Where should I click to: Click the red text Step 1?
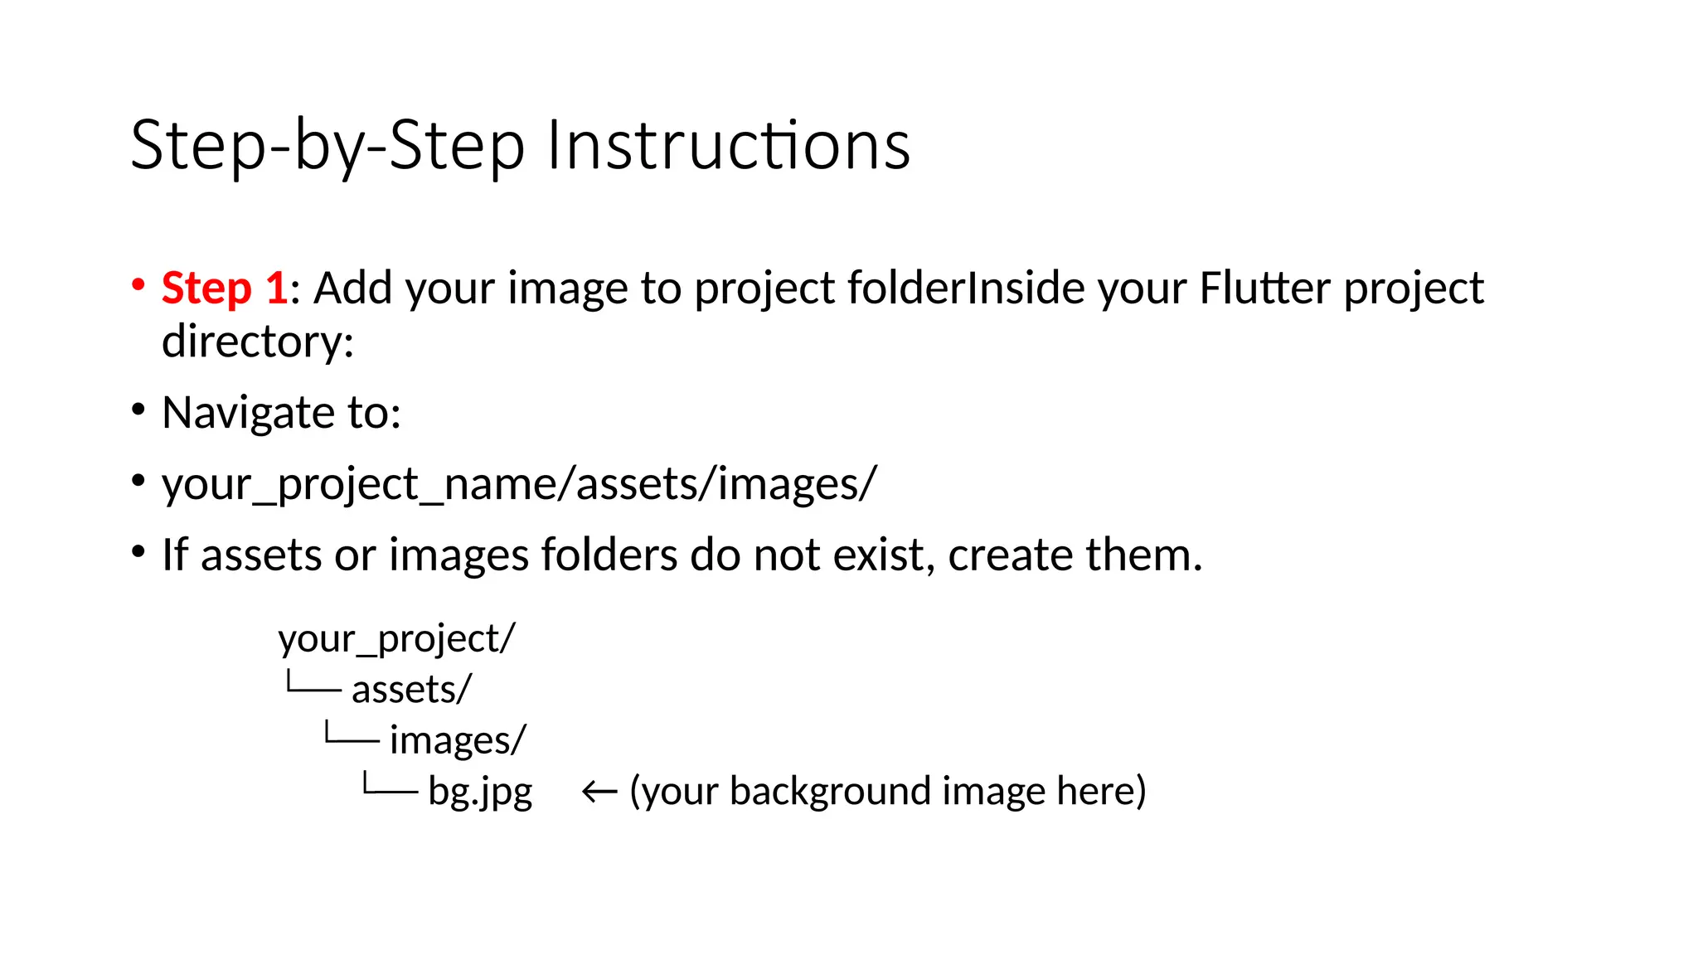point(224,288)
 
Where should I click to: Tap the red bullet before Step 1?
point(138,284)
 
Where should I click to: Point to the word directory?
point(258,342)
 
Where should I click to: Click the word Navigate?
point(240,413)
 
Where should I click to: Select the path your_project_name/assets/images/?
point(518,484)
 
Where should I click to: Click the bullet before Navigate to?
point(138,409)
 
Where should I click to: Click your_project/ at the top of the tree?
point(396,639)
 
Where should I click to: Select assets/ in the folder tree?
point(411,690)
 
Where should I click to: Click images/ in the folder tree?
point(458,740)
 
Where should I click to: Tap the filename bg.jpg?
point(480,792)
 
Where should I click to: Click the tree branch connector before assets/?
point(313,684)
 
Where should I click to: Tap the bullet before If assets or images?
point(138,551)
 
